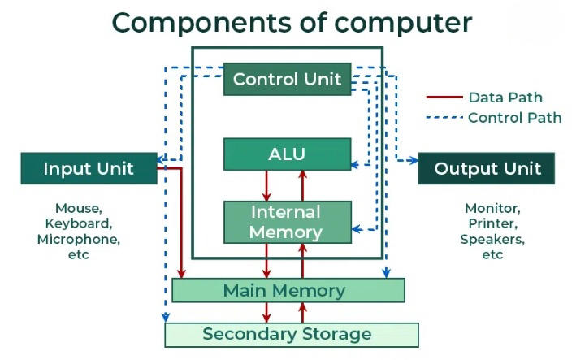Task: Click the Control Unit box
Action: [287, 79]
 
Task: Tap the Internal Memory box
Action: [287, 222]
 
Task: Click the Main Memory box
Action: [288, 290]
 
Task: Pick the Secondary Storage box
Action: [291, 334]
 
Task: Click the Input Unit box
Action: [89, 168]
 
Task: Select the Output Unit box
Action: [487, 168]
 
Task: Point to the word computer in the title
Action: [407, 22]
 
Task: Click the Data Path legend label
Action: [505, 98]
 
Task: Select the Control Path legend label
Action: [514, 117]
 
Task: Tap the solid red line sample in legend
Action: [444, 98]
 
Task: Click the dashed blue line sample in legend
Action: [444, 117]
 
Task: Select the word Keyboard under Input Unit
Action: [78, 223]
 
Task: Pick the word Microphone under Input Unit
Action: [78, 239]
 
